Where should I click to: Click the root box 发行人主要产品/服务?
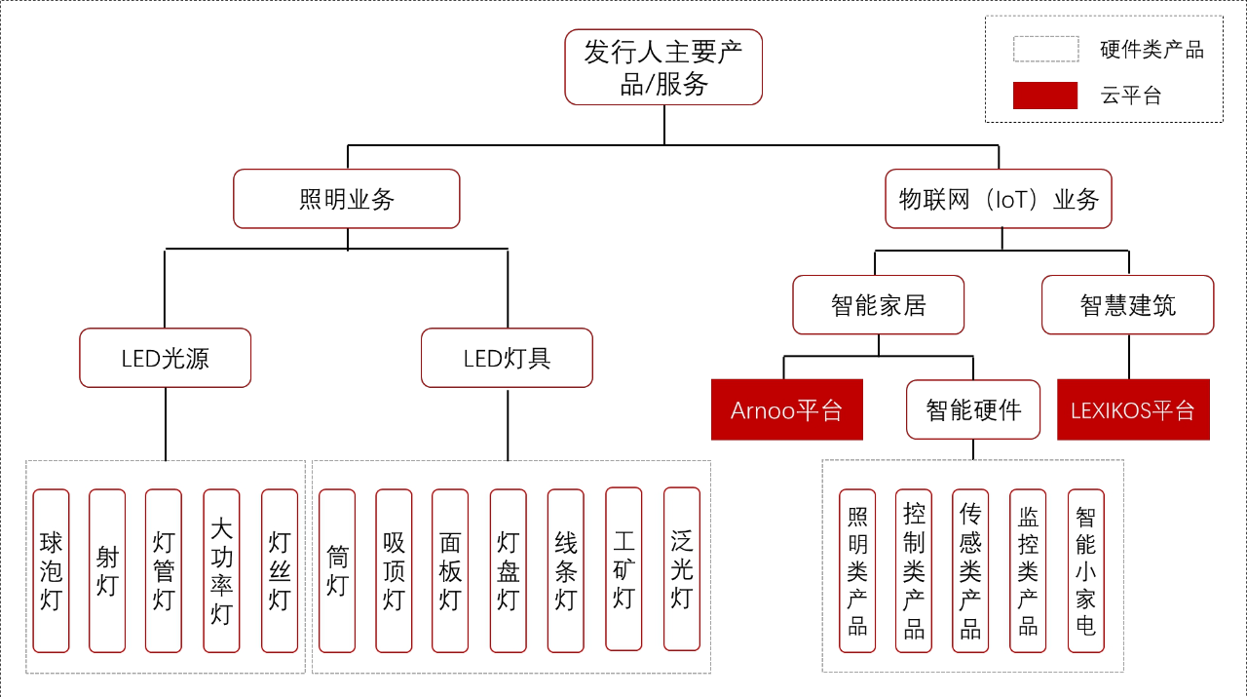click(663, 67)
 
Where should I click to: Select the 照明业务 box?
click(347, 199)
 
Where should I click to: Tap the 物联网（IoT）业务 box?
click(999, 199)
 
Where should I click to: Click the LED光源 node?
click(166, 358)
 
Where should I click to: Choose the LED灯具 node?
click(507, 358)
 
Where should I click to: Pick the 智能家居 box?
click(878, 305)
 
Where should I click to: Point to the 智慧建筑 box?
click(1128, 305)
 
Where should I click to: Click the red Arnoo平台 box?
click(787, 409)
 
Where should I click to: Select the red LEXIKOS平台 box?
click(1133, 409)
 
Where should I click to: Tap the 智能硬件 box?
click(973, 409)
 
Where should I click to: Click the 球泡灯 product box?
click(51, 570)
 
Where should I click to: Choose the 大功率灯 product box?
click(221, 570)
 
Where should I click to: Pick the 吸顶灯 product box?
click(394, 570)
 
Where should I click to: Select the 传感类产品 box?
click(970, 570)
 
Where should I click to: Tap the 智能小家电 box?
click(1085, 570)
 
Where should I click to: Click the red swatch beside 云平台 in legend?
click(1045, 96)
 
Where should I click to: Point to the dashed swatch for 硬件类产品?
click(1045, 49)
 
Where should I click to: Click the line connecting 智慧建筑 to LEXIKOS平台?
click(1129, 357)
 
